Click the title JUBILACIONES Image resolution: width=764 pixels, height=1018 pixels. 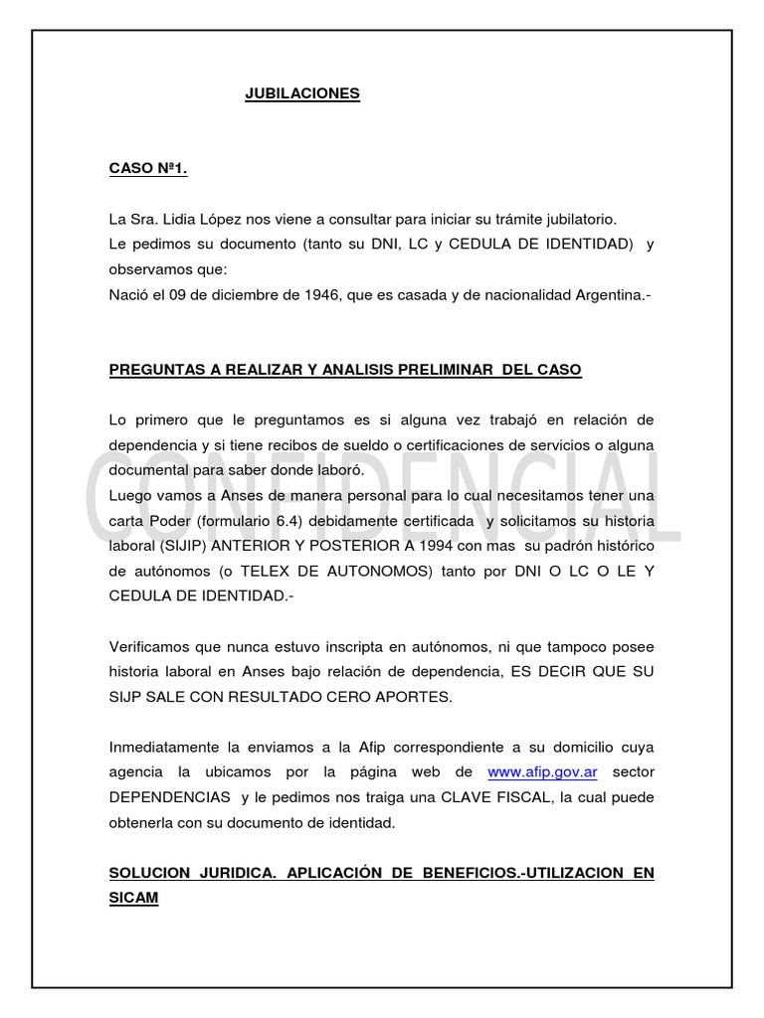[302, 94]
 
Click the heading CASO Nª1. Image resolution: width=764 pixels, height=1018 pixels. [148, 169]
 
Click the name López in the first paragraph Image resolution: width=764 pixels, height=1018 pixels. [253, 219]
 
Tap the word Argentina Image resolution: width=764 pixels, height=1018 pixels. [606, 294]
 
